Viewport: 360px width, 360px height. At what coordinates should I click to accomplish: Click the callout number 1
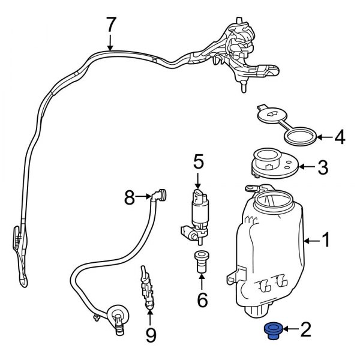click(326, 241)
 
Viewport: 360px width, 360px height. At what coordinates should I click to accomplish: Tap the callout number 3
click(322, 167)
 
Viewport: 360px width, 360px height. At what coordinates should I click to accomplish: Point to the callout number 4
click(339, 138)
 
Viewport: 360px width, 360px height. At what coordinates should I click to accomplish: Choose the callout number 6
click(202, 299)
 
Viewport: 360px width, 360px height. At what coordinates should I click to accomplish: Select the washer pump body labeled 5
click(198, 207)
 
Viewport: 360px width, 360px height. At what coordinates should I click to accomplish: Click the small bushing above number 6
click(200, 262)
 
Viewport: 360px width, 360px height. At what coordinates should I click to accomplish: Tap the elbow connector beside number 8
click(160, 195)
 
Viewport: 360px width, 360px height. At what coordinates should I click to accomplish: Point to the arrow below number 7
click(110, 43)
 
